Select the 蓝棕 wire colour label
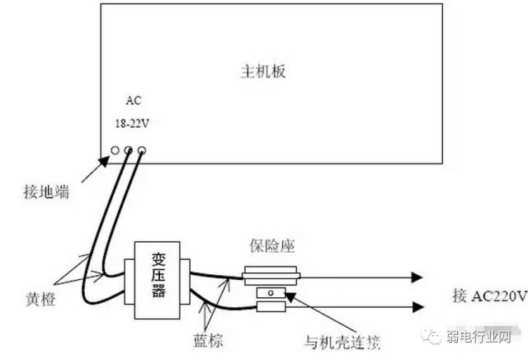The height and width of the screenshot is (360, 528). tap(204, 339)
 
